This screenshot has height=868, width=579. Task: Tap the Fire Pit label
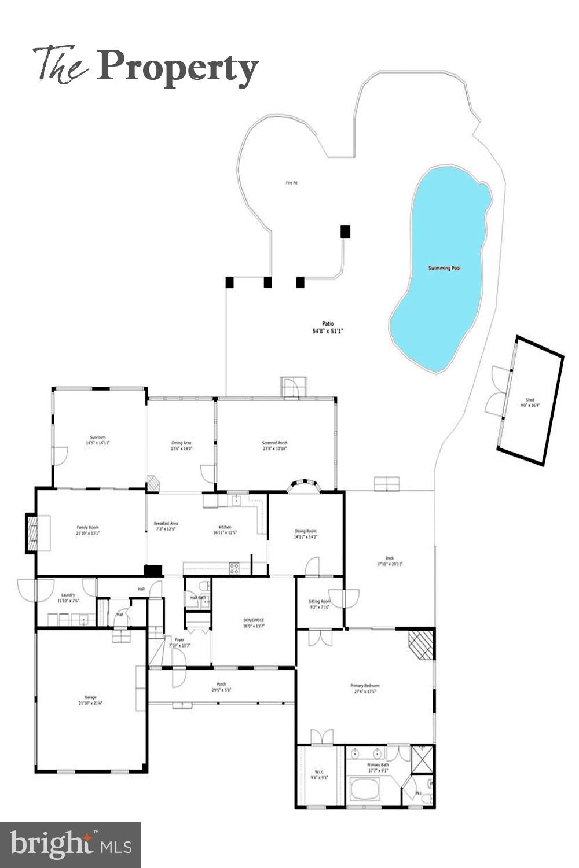pos(291,183)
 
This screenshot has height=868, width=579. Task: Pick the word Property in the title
pos(177,68)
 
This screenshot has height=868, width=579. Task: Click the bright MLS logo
pos(71,845)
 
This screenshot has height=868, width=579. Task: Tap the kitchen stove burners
pos(234,568)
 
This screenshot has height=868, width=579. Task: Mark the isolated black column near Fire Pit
pos(345,231)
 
